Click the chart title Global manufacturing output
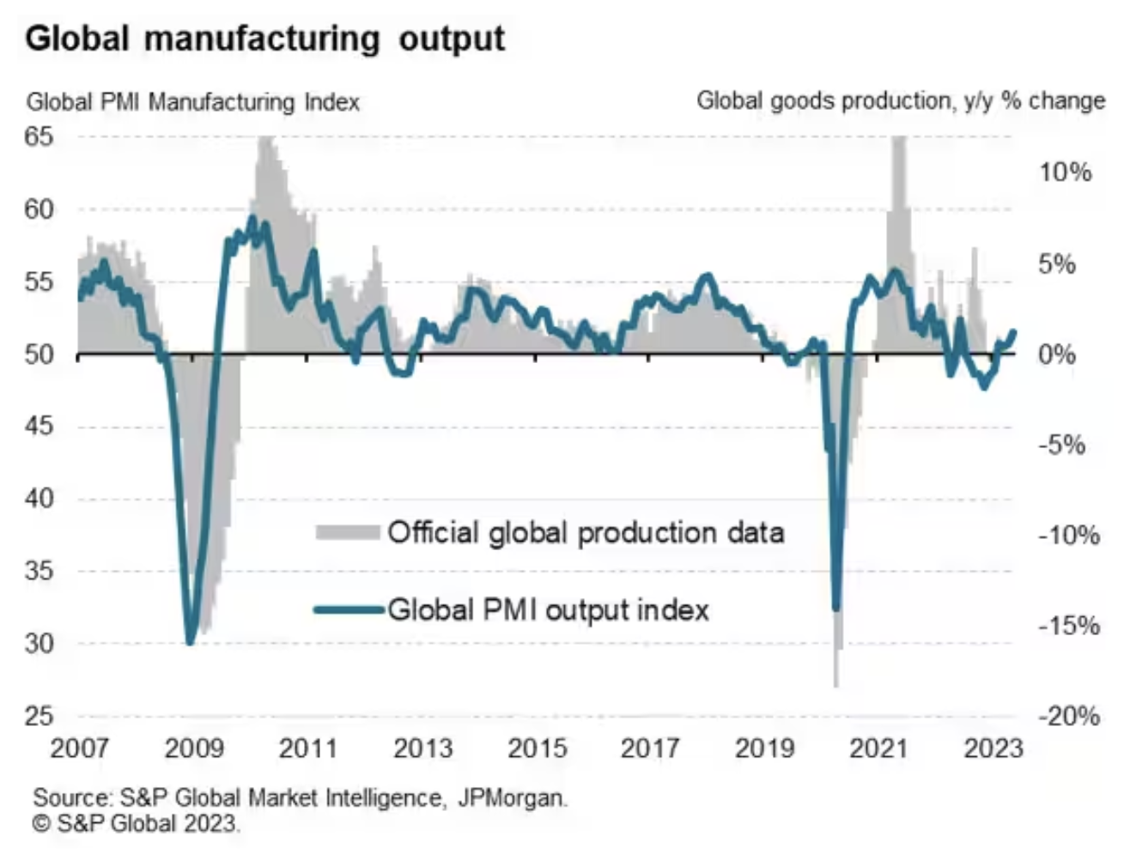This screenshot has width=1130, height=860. [265, 39]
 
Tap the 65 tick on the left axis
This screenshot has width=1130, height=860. [39, 137]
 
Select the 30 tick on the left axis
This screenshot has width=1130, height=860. [39, 643]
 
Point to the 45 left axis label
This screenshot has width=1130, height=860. [39, 427]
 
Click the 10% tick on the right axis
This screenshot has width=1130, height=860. [1065, 173]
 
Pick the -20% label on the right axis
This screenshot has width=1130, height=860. [1068, 715]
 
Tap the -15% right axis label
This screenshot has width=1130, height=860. [1068, 626]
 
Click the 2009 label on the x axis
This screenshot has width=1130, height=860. [193, 748]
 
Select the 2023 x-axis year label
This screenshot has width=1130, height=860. [993, 748]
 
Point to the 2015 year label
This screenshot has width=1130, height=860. [537, 748]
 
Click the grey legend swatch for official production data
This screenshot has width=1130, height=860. [347, 533]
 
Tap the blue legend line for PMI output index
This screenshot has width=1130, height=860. [347, 610]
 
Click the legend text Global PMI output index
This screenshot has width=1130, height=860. [548, 610]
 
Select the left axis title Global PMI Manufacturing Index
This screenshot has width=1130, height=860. [192, 102]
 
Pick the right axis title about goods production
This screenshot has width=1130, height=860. [900, 101]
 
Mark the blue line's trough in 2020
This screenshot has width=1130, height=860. [836, 608]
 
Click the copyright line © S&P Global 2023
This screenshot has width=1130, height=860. [136, 824]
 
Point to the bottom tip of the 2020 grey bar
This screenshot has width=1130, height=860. [835, 686]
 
